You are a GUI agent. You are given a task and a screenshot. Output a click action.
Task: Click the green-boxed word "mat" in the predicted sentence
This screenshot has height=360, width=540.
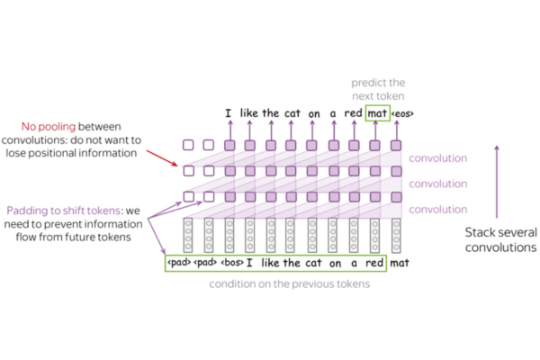[x=377, y=114]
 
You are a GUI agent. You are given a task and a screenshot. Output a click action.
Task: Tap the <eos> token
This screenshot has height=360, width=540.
[x=401, y=114]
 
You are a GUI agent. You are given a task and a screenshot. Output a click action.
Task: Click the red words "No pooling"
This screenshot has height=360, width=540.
[x=58, y=126]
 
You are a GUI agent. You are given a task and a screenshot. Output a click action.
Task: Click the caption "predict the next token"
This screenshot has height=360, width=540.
[x=380, y=88]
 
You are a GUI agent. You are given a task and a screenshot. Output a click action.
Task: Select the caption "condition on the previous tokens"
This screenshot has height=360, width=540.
[x=286, y=284]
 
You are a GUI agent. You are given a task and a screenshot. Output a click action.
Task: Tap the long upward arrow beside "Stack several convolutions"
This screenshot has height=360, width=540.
[x=496, y=180]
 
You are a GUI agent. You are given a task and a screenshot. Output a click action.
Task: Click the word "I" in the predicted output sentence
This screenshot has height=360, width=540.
[x=229, y=114]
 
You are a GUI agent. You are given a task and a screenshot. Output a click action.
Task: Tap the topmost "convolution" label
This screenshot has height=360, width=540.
[x=438, y=158]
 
